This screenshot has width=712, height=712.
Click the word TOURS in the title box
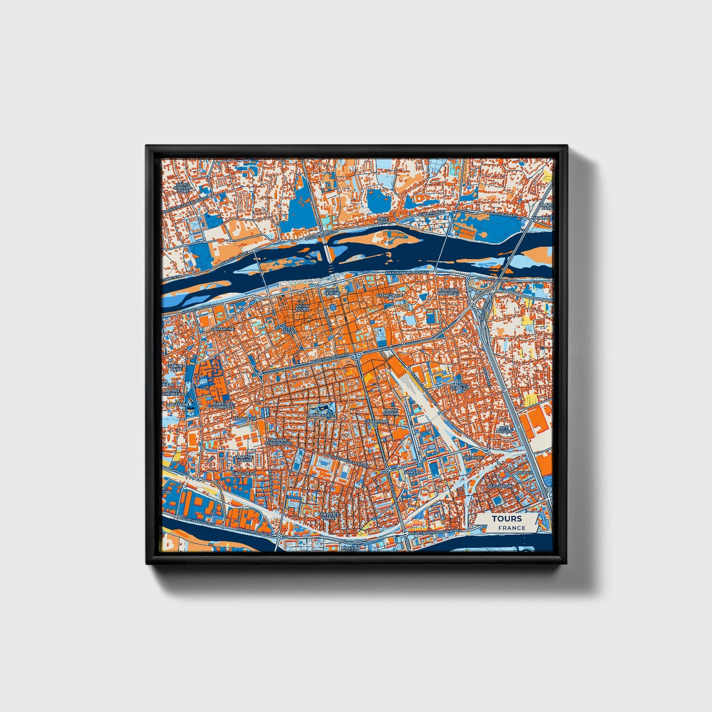(506, 519)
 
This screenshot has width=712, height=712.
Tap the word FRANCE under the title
(511, 528)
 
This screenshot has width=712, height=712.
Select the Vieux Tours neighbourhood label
(302, 307)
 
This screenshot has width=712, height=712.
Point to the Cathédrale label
(389, 296)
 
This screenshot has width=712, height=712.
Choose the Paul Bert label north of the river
(383, 220)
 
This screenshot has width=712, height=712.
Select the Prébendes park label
(321, 415)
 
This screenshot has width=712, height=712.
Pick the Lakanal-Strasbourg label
(279, 442)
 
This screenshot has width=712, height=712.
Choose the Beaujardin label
(500, 486)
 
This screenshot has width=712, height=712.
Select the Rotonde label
(474, 457)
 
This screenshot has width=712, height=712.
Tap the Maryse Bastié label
(245, 458)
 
